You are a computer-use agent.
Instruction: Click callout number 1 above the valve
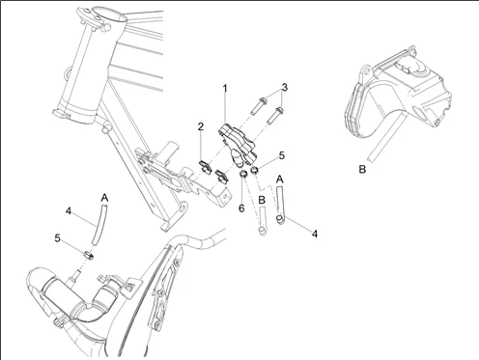[225, 88]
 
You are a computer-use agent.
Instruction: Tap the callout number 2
[201, 126]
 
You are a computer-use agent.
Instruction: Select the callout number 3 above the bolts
[284, 87]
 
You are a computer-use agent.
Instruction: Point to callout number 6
[241, 208]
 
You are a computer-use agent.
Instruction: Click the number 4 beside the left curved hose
[69, 211]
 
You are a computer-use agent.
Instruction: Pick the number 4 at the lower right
[315, 234]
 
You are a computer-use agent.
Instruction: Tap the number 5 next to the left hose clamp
[57, 238]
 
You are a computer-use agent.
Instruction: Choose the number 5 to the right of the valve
[282, 155]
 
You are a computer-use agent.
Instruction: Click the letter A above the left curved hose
[104, 198]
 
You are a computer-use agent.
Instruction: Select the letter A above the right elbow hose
[280, 180]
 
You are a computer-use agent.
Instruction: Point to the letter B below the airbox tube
[362, 169]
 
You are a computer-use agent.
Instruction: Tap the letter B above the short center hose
[262, 200]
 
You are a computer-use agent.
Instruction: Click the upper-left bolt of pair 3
[258, 105]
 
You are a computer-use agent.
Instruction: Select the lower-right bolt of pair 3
[275, 115]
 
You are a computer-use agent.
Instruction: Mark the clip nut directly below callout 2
[204, 166]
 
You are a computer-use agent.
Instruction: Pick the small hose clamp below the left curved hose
[89, 256]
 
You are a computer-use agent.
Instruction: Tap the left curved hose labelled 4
[99, 225]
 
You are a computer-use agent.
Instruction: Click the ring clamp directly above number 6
[243, 175]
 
